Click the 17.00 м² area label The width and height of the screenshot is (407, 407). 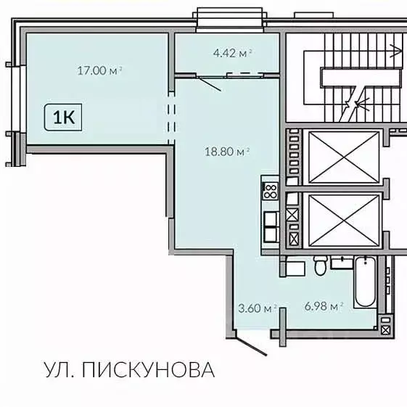(99, 70)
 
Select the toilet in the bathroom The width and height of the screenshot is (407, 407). (318, 267)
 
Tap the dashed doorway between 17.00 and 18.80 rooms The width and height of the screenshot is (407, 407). (171, 115)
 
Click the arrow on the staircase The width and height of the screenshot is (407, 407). (396, 50)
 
